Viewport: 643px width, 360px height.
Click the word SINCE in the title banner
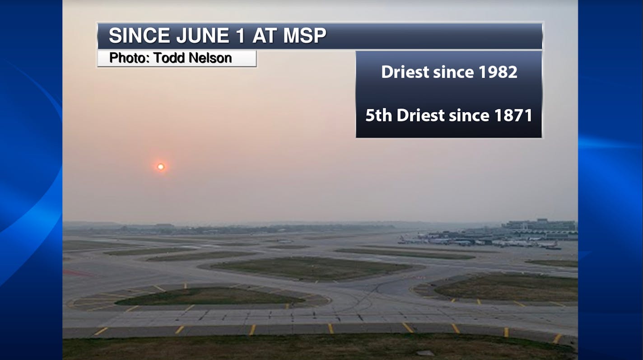(x=139, y=36)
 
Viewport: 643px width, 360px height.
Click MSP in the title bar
(x=304, y=36)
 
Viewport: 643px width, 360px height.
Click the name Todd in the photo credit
(x=169, y=58)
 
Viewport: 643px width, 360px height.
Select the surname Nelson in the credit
(x=210, y=58)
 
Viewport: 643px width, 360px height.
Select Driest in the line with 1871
(x=421, y=115)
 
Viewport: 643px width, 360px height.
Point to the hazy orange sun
(x=161, y=167)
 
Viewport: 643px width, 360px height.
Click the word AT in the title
(x=264, y=36)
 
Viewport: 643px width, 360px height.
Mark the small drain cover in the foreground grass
(x=425, y=353)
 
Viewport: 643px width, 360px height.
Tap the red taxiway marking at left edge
(x=78, y=273)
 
